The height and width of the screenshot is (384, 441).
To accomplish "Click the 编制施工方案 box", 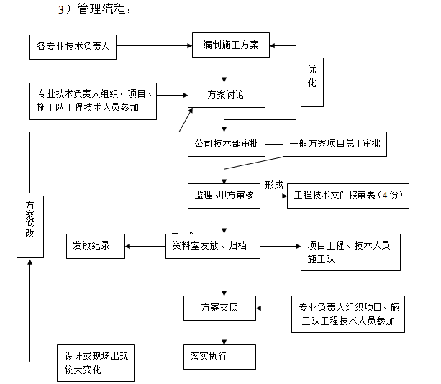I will tap(230, 46).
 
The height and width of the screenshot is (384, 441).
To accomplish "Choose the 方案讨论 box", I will tap(226, 94).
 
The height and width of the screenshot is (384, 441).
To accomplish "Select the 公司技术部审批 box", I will tap(226, 143).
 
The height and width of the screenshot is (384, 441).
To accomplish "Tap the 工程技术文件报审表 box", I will tap(347, 196).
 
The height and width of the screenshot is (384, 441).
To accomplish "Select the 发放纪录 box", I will tap(95, 245).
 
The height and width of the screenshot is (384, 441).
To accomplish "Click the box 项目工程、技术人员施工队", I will tap(350, 252).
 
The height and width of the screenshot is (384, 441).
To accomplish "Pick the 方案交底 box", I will tap(219, 308).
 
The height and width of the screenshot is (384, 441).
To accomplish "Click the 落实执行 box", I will tap(219, 355).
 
